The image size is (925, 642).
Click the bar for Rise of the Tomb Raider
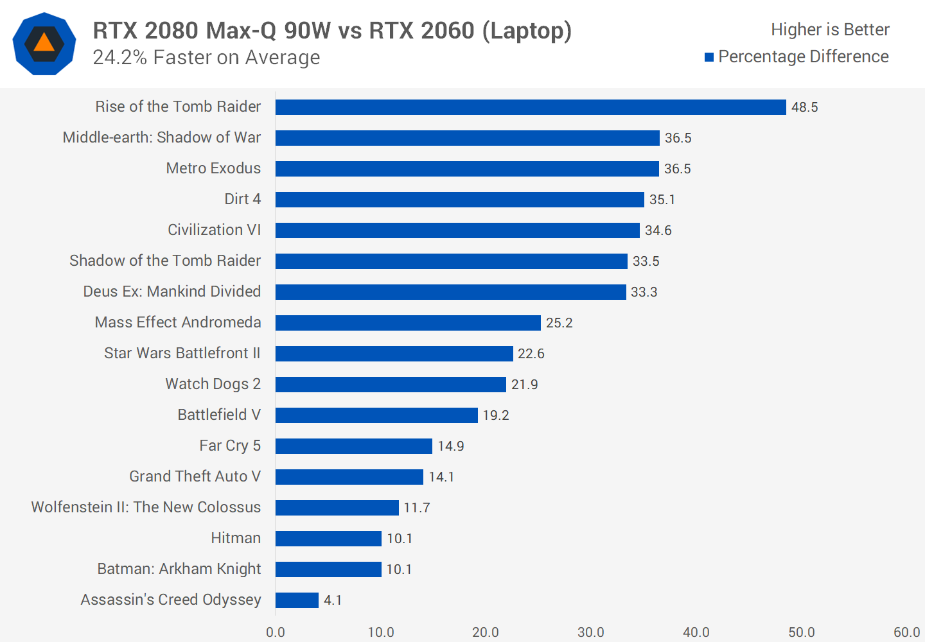coord(531,107)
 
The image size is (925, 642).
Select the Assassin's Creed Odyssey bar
coord(297,600)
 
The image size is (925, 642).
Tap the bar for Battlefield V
coord(376,415)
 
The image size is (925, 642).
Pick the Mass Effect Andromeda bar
coord(408,323)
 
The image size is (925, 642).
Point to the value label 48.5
coord(804,107)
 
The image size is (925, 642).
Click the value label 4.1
coord(333,600)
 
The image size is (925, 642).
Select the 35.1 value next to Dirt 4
coord(662,200)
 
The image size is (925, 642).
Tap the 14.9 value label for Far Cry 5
coord(450,446)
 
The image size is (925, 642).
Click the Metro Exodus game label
coord(213,168)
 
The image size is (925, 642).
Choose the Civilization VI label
coord(214,230)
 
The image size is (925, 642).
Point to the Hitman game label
coord(236,538)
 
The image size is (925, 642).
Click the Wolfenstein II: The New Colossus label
coord(146,507)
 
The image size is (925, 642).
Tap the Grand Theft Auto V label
coord(195,476)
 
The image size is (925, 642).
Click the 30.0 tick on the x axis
coord(590,632)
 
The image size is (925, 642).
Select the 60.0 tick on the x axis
coord(906,632)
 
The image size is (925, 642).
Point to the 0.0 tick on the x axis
coord(276,632)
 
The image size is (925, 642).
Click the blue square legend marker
coord(709,57)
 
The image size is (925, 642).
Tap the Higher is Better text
coord(830,30)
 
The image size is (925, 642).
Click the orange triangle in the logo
coord(44,43)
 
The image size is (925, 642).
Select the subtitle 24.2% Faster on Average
coord(206,58)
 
